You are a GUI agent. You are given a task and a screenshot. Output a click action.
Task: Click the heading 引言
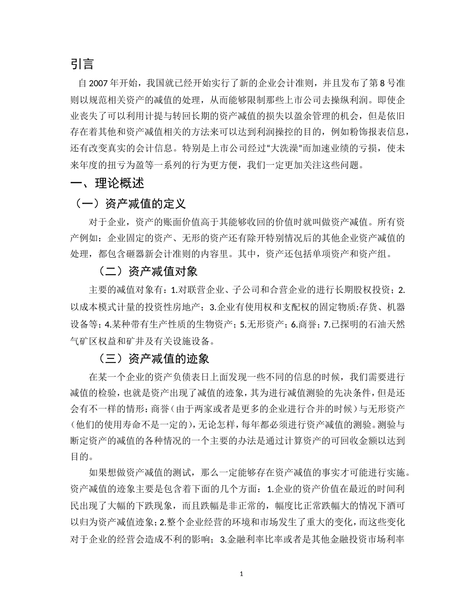[x=82, y=64]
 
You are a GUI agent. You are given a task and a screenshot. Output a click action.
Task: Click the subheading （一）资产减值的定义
[x=129, y=204]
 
